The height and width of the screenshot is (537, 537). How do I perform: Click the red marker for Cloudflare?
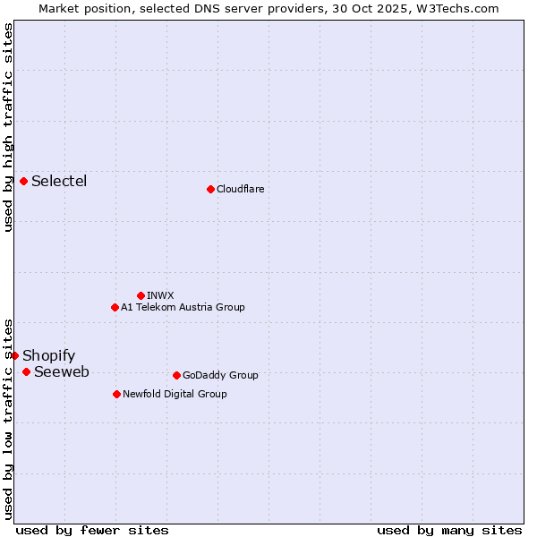point(210,189)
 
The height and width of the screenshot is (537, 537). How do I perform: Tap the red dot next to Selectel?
point(23,181)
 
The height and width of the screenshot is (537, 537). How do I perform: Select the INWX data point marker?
point(141,295)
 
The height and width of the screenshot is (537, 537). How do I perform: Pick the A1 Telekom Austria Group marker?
point(115,307)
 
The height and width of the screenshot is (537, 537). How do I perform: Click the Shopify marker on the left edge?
point(14,355)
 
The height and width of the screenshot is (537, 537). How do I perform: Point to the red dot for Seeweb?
point(26,371)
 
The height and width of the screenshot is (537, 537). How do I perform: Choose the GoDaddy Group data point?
point(176,375)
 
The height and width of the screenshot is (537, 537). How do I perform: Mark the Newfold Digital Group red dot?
point(116,394)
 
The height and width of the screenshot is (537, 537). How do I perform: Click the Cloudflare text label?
point(240,189)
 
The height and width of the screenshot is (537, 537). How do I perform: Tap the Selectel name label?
point(59,181)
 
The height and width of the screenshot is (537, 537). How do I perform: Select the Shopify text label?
point(48,355)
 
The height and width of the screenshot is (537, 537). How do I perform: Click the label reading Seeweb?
point(61,371)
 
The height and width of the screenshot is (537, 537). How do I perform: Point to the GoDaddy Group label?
point(220,375)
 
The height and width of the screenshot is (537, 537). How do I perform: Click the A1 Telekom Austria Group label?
point(183,307)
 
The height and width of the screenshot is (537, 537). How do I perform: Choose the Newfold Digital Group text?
point(175,394)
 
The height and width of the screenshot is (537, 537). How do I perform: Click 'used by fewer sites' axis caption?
point(92,530)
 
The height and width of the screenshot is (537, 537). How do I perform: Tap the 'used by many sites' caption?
point(449,530)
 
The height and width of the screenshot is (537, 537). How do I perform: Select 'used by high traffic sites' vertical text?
point(8,127)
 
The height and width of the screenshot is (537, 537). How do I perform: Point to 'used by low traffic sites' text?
point(8,418)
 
